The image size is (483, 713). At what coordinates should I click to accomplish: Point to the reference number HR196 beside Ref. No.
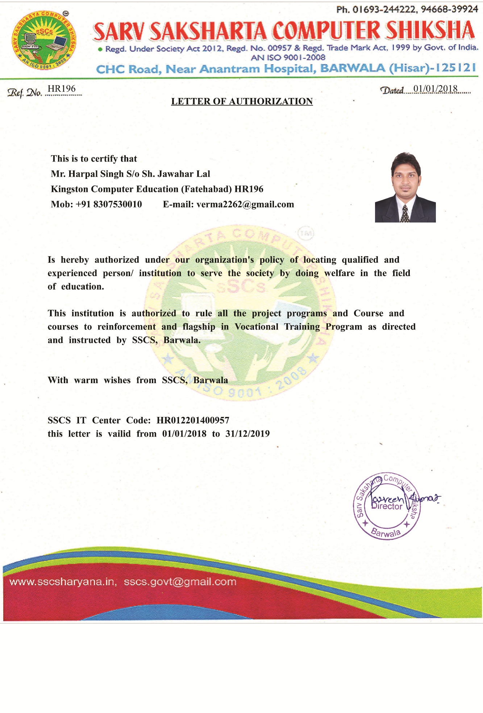62,89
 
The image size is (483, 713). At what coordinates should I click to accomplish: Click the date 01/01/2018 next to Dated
435,89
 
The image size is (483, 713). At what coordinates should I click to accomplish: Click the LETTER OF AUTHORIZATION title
242,102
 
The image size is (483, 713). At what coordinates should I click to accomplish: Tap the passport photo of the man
405,187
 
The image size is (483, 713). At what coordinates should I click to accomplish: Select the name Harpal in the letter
83,174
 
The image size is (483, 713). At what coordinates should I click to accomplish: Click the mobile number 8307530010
117,204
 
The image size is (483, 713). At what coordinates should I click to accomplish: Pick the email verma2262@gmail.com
245,204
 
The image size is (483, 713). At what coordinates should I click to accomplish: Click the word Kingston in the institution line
69,189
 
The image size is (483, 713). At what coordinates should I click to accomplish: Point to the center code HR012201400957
193,420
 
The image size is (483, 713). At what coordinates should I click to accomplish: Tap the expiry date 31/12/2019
247,434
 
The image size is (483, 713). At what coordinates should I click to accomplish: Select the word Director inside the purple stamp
387,507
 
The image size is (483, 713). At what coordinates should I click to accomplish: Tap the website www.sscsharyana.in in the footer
62,582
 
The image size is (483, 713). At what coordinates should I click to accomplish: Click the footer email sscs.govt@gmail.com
180,582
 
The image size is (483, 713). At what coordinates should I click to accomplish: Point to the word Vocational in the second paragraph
257,327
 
